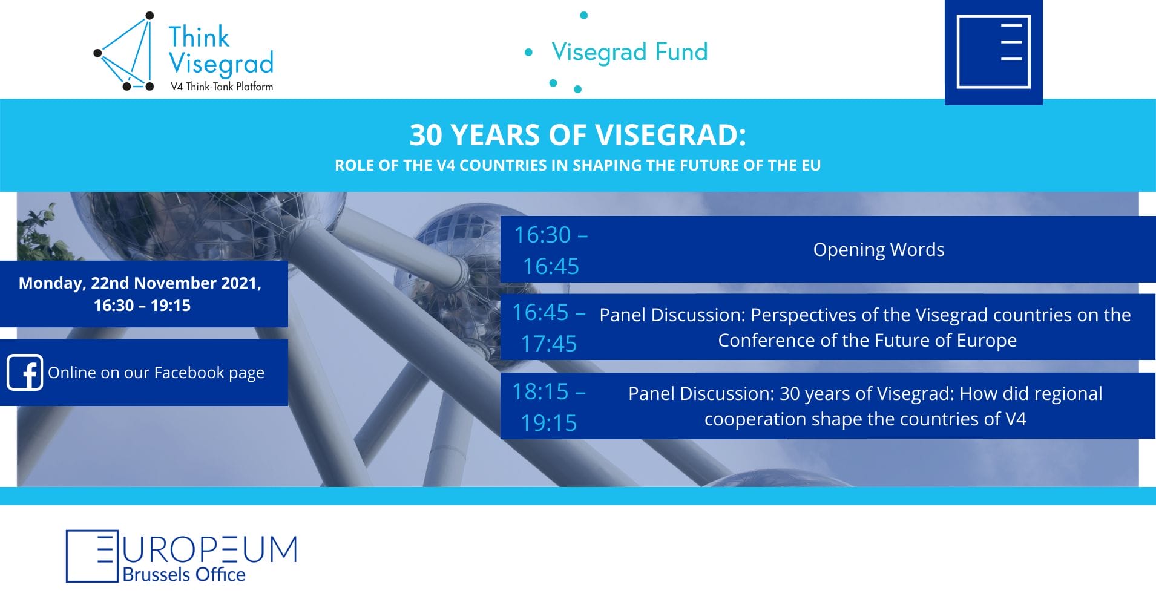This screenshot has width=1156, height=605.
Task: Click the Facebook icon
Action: (25, 372)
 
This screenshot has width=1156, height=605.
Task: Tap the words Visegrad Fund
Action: (629, 52)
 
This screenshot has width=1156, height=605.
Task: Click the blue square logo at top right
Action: (993, 53)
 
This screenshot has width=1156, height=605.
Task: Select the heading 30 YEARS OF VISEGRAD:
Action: (577, 135)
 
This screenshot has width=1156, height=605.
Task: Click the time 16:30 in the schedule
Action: (543, 235)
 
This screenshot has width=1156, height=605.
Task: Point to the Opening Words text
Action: (878, 249)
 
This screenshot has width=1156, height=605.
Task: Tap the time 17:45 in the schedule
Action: (549, 344)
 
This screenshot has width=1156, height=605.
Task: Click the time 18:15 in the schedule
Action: (540, 391)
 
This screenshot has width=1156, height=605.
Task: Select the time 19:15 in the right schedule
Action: (549, 423)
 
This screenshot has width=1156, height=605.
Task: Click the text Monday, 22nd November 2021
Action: (140, 283)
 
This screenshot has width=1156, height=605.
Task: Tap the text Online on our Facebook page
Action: (156, 373)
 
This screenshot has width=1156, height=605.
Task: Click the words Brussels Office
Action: (184, 574)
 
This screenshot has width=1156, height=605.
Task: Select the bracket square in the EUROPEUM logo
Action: (91, 556)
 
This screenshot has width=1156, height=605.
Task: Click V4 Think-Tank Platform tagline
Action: (222, 87)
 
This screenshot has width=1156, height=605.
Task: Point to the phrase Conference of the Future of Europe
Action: (867, 341)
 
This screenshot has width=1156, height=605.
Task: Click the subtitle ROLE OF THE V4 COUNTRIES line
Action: (577, 165)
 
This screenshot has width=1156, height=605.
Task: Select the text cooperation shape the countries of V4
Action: (865, 419)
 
